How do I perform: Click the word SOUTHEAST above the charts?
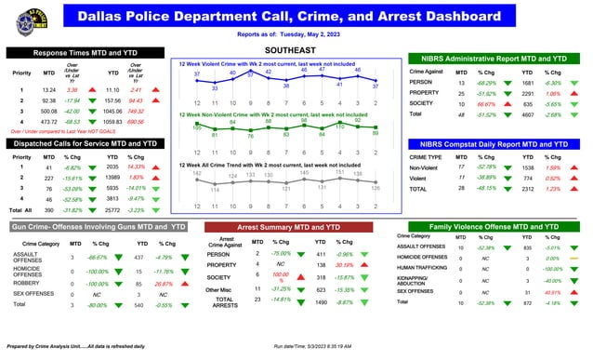(x=292, y=47)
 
